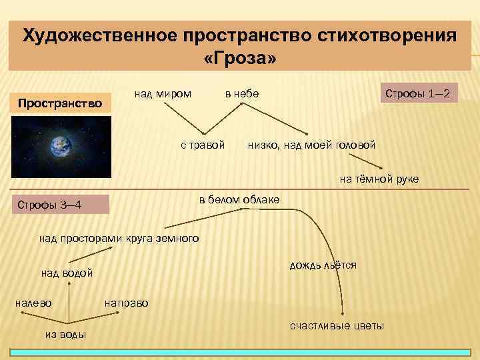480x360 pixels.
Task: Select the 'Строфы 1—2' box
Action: pos(419,94)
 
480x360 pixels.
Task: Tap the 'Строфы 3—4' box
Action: pos(60,203)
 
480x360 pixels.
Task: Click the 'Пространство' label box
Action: pos(60,103)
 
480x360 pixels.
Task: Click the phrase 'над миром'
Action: pos(163,94)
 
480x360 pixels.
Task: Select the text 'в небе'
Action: pos(241,94)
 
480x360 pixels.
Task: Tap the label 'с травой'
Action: pos(203,145)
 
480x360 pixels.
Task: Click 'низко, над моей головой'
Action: pos(311,145)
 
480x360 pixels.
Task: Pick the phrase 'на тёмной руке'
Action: pos(379,179)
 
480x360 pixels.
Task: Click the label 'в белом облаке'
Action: pos(239,200)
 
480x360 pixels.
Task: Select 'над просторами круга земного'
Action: pos(119,238)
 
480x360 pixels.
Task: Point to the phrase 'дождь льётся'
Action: pos(323,265)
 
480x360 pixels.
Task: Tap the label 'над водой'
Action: pos(67,273)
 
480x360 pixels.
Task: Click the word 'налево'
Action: pos(33,303)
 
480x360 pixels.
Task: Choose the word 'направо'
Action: pos(127,303)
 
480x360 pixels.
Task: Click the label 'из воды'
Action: pos(65,334)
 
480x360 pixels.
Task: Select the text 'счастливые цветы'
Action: pos(337,325)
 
